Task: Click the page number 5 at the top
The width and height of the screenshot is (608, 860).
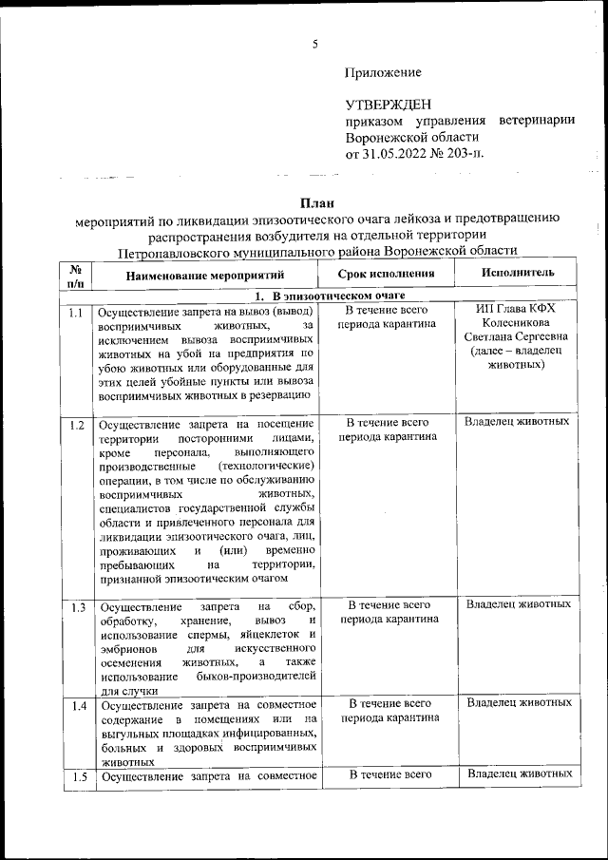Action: click(315, 43)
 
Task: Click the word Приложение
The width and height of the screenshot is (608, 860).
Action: click(383, 72)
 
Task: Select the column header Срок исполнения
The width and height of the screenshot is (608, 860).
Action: click(387, 273)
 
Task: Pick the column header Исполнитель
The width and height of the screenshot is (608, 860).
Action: click(518, 273)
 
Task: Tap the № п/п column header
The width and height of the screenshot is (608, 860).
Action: click(77, 274)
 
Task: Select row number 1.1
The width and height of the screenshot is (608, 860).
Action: click(77, 312)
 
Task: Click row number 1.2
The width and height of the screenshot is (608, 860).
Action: click(77, 424)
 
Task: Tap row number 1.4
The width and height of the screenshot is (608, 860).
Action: click(77, 705)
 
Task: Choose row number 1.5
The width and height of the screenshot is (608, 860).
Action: click(77, 777)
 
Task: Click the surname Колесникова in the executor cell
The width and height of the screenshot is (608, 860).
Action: click(517, 324)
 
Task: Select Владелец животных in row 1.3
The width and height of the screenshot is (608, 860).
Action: click(519, 604)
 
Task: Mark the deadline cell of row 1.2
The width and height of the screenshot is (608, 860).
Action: click(388, 430)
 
